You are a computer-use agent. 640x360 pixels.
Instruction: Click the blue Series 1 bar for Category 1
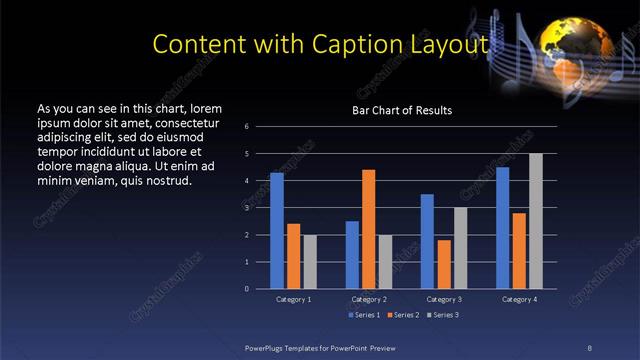[277, 231]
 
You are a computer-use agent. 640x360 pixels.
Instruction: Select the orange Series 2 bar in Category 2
[368, 229]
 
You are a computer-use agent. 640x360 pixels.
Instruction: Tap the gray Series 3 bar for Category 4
[535, 221]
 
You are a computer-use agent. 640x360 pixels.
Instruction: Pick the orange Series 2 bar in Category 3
[443, 264]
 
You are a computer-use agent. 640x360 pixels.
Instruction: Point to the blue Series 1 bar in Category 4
[502, 228]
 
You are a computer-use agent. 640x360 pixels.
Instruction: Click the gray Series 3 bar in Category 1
[310, 262]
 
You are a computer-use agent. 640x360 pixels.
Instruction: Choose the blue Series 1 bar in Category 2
[352, 255]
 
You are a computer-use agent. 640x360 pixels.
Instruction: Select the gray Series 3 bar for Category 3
[460, 248]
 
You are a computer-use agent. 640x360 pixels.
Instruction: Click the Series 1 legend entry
[365, 315]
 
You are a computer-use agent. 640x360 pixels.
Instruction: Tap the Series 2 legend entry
[404, 315]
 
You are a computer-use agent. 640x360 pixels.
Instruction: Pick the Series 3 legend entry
[443, 315]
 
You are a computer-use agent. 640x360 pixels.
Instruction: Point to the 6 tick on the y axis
[260, 127]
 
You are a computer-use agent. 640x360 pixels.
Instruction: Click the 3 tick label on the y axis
[260, 208]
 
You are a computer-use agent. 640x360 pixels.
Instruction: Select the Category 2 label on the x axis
[368, 299]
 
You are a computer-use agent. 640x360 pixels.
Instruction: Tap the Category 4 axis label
[518, 299]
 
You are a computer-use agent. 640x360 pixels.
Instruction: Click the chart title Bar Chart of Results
[402, 110]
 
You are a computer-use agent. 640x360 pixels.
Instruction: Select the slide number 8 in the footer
[589, 346]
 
